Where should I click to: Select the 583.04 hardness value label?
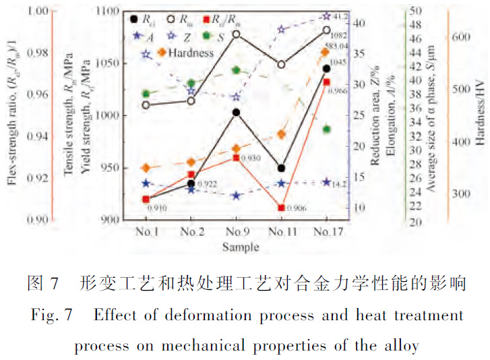(338, 46)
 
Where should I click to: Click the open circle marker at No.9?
(236, 34)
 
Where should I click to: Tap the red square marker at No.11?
(281, 208)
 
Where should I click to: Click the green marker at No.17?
(326, 129)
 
